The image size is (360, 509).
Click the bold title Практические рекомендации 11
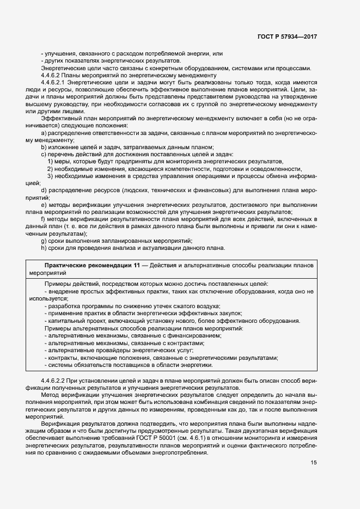88,265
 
